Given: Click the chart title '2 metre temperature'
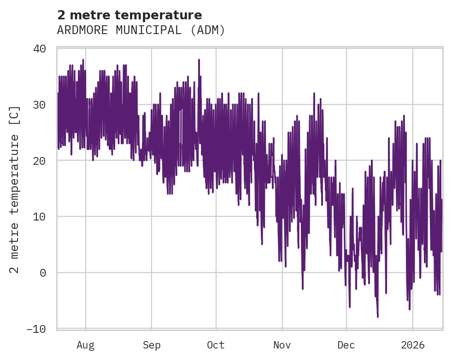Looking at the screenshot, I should pos(129,15).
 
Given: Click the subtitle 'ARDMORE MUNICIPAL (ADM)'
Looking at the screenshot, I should pos(141,30).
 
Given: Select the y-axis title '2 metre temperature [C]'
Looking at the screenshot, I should pos(15,189).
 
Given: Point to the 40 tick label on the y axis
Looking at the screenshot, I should pos(40,49).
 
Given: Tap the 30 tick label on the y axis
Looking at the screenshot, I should pos(40,105).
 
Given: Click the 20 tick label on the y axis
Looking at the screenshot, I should pos(40,161).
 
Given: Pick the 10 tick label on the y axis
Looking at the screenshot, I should pos(40,217).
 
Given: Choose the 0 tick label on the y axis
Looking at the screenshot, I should pos(43,273).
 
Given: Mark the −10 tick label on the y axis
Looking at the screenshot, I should pos(36,329).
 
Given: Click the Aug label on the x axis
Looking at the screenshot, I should pos(86,345).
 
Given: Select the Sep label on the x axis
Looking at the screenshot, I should pos(152,345).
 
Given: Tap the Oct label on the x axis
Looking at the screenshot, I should pos(216,345).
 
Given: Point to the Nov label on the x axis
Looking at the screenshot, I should pos(282,345).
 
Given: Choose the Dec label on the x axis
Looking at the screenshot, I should pos(346,345).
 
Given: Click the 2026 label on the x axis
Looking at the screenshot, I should pos(412,345).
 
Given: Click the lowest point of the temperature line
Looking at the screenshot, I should pos(378,317).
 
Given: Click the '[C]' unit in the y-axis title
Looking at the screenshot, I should pos(15,114).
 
